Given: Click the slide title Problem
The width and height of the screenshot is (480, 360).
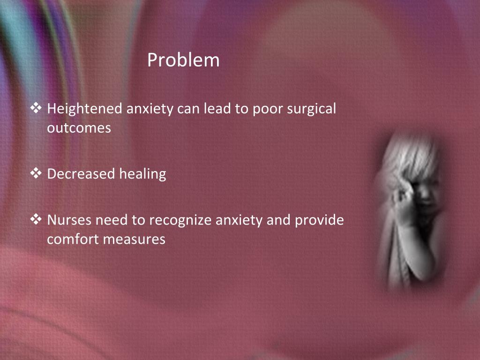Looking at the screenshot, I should coord(183,60).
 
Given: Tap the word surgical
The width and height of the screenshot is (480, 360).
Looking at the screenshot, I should coord(312,109).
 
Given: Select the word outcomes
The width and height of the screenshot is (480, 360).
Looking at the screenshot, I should coord(79,127).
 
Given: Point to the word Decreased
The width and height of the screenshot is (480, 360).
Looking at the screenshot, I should coord(81,174).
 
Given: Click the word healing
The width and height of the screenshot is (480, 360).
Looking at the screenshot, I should coord(142,174).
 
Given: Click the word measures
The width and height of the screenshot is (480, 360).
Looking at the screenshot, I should coord(134,239).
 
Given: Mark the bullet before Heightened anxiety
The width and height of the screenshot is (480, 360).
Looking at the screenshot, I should coord(36,109).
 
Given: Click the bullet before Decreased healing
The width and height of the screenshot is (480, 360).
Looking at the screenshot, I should coord(36,174).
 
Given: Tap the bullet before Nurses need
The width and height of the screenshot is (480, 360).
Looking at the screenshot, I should coord(36,219).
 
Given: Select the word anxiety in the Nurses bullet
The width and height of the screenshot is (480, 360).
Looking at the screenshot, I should coord(239,220).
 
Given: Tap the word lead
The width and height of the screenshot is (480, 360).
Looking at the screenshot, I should coord(217,109).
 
